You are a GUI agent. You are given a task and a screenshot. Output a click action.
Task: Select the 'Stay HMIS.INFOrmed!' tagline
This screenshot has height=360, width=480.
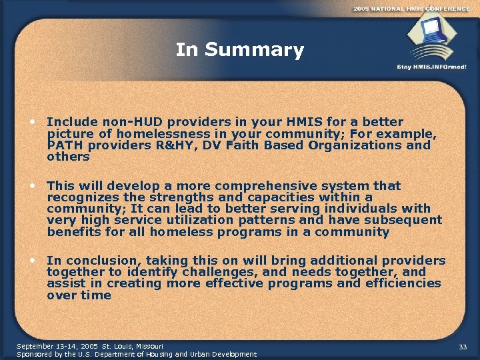point(431,67)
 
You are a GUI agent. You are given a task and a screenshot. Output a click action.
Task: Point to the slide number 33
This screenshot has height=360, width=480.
point(463,347)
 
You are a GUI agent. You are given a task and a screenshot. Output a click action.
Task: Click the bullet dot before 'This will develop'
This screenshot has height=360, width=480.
point(32,186)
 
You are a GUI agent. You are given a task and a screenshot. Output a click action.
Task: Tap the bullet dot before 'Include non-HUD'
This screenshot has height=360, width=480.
point(32,122)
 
